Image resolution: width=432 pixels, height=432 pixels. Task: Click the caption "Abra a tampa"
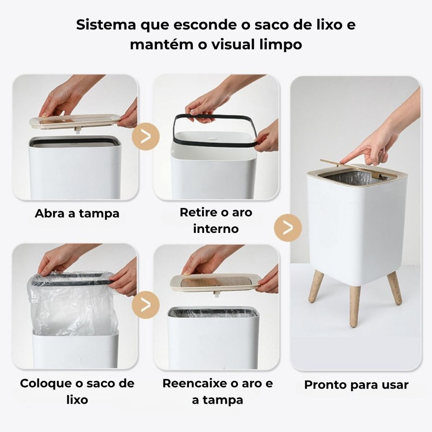[x=77, y=213]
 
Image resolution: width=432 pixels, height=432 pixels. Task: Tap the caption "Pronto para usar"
[x=356, y=385]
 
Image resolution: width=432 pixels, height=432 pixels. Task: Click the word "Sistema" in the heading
[x=106, y=25]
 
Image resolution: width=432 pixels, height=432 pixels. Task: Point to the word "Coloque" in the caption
[x=47, y=383]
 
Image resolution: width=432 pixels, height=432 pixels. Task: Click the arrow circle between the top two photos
[x=146, y=136]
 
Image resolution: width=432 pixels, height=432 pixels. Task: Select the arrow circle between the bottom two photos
[x=146, y=305]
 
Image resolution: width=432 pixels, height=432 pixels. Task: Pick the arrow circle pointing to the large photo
[x=288, y=228]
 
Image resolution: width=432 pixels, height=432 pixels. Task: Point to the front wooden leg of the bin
[x=355, y=306]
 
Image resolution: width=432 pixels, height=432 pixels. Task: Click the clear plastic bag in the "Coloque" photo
[x=72, y=303]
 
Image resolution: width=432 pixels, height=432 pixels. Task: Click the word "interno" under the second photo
[x=216, y=229]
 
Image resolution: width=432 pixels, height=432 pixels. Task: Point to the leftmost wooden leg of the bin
[x=316, y=286]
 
